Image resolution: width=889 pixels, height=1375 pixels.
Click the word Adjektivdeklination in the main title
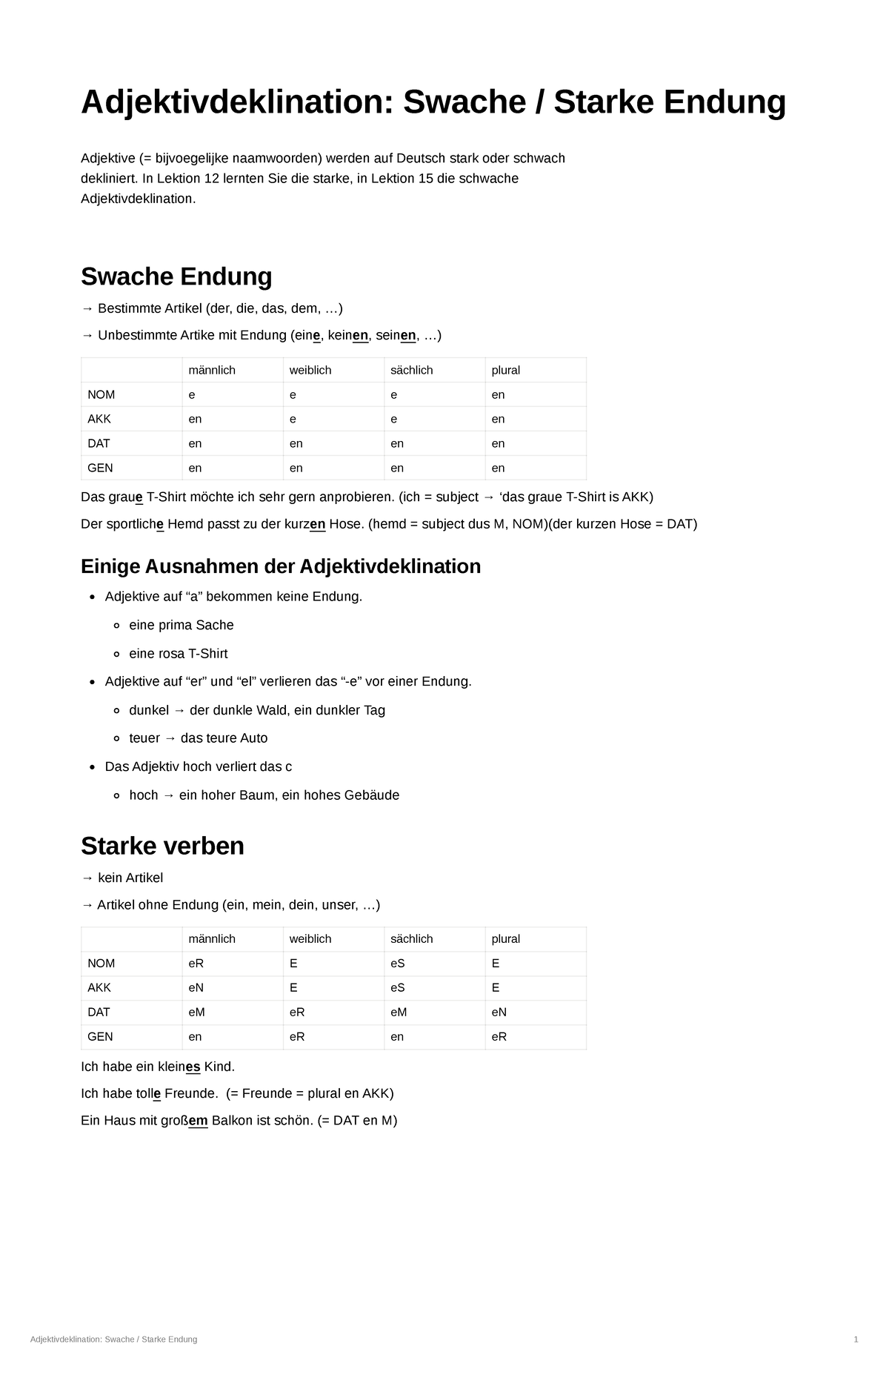click(236, 102)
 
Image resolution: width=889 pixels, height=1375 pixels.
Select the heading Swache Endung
click(176, 276)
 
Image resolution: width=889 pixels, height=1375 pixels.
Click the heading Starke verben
click(162, 846)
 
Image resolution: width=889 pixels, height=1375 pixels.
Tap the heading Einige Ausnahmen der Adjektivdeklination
click(280, 566)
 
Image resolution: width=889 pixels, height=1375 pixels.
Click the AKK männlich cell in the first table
click(196, 419)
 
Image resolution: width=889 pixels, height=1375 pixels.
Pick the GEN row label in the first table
click(100, 468)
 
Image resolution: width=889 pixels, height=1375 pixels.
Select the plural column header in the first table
click(505, 370)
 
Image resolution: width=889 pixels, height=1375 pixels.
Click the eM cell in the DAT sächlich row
click(399, 1012)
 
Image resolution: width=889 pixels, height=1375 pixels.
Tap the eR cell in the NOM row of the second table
click(196, 963)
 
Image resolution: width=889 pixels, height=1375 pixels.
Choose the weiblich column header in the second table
click(310, 938)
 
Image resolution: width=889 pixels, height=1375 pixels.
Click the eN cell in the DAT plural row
click(499, 1012)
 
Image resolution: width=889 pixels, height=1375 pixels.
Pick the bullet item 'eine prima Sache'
click(182, 625)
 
